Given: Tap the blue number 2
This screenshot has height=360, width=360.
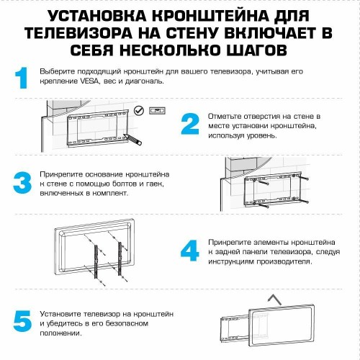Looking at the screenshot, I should [190, 124].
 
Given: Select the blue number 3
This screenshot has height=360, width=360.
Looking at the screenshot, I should [22, 181].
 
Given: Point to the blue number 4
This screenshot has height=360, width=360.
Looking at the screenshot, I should [190, 251].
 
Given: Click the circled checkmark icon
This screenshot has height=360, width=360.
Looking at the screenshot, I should [138, 109].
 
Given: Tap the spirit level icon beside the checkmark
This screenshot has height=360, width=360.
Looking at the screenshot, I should [156, 109].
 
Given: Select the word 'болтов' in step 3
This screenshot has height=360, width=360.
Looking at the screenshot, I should [123, 184].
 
